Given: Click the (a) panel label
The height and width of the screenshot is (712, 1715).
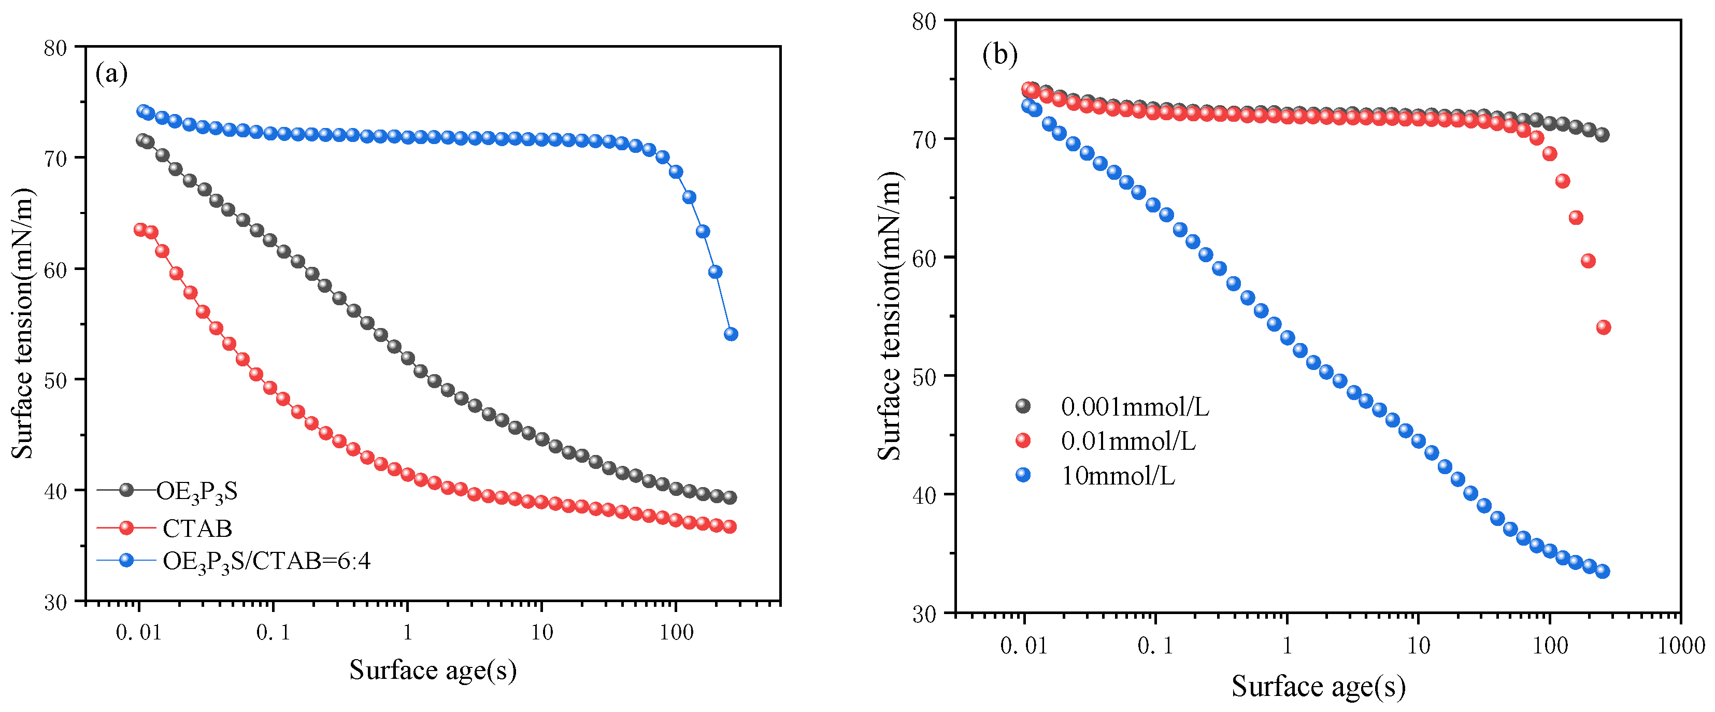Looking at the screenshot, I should [x=111, y=73].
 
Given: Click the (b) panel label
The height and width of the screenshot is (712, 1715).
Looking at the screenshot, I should [x=999, y=54].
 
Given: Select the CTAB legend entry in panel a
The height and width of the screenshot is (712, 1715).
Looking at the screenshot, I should [x=197, y=528].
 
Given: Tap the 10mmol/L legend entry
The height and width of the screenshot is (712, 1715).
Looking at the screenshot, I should [x=1118, y=476].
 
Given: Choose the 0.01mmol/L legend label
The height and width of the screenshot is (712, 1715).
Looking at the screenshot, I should [x=1128, y=441].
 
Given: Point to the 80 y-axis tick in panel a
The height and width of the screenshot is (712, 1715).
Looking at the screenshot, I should [x=55, y=48].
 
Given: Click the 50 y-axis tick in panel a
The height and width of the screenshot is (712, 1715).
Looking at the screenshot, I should [x=55, y=380].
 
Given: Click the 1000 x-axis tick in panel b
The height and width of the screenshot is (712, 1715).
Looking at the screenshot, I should [x=1681, y=645].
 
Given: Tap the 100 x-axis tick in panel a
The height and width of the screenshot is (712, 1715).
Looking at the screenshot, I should [x=676, y=632].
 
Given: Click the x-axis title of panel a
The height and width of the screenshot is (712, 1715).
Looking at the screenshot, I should [x=433, y=670].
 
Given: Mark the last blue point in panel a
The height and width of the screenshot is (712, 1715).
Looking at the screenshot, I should [x=731, y=334].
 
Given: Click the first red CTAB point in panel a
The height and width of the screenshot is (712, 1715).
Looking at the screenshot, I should [x=140, y=230].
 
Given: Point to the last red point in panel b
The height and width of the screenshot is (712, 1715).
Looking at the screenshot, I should [x=1603, y=327].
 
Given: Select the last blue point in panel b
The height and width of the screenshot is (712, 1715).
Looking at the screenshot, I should [x=1603, y=571].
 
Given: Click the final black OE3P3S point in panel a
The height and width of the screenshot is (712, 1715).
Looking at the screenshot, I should [x=730, y=497].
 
